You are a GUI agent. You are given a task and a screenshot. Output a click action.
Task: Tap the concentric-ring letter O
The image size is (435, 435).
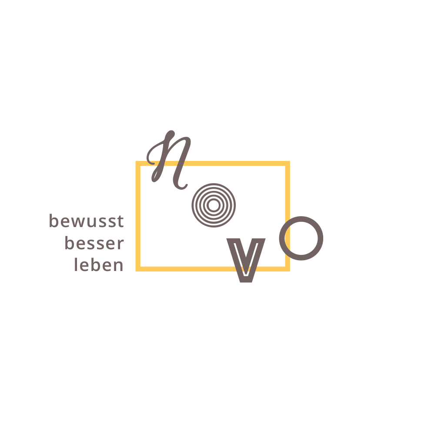pos(214,205)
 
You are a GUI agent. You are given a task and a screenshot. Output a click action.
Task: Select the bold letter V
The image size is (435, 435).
pos(247,260)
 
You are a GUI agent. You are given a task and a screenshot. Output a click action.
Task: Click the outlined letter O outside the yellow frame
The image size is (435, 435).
pos(302,238)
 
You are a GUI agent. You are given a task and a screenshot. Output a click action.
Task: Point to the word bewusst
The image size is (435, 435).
pos(87,221)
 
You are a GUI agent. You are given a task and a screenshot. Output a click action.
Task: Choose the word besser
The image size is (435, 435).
pos(94,244)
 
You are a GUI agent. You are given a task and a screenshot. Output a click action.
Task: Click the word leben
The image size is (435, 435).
pos(99,265)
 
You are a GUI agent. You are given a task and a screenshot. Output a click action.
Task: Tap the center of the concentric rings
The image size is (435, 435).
pos(214,205)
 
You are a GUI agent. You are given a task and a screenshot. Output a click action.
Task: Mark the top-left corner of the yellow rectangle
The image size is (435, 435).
pos(137,163)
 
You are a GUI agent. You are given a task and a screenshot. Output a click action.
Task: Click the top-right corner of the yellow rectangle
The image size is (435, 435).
pos(288,163)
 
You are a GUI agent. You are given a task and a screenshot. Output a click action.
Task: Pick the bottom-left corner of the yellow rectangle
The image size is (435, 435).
pos(137,269)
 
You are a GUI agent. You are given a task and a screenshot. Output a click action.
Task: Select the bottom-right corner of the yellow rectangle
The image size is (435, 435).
pos(288,269)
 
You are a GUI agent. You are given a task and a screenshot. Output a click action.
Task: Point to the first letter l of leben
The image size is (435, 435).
pos(76,264)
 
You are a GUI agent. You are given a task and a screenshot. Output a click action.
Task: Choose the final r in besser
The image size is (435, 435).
pos(120,244)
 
